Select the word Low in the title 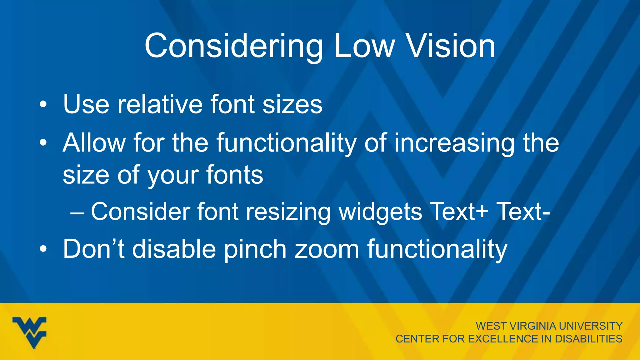click(364, 46)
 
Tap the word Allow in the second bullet click(94, 142)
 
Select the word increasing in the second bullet click(454, 143)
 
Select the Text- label click(523, 212)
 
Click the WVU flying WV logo click(30, 332)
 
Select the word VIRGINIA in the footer click(533, 326)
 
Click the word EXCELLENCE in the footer click(503, 339)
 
